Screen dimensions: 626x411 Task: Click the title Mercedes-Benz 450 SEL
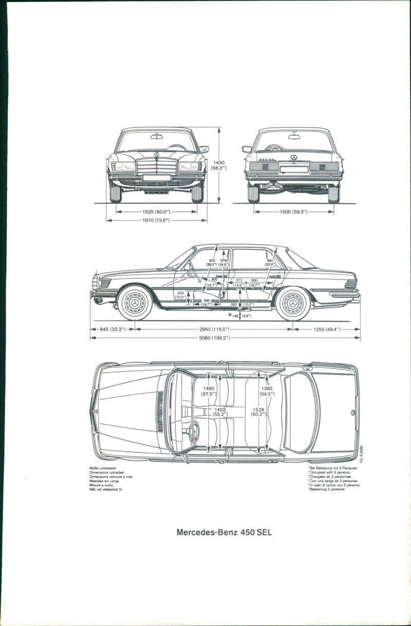224,532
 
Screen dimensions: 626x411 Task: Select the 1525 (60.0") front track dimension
156,211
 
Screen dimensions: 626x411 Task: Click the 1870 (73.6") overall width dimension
156,220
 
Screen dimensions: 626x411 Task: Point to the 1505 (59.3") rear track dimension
293,211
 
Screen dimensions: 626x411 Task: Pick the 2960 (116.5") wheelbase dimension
214,329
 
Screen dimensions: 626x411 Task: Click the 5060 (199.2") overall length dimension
215,338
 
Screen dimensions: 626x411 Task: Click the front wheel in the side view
135,303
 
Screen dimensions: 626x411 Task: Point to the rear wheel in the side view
293,303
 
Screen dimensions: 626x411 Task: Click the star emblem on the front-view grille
156,155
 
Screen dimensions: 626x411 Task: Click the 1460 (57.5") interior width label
208,391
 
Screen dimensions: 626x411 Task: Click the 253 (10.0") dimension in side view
180,294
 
